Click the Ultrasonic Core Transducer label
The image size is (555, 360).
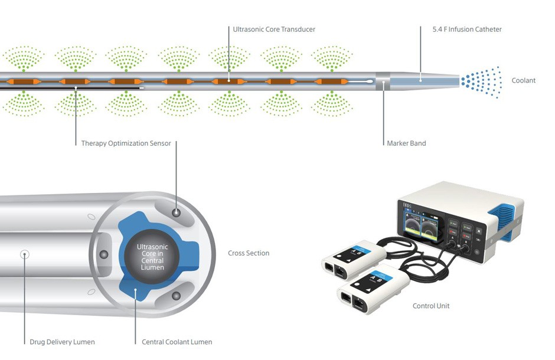(x=274, y=29)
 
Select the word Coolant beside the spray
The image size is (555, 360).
(x=524, y=80)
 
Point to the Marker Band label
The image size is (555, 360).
(x=406, y=143)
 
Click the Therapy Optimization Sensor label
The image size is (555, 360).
(x=126, y=143)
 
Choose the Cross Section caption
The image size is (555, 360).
(x=249, y=253)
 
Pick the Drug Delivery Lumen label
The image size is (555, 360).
(x=62, y=342)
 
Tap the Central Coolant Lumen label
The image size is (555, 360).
(x=177, y=342)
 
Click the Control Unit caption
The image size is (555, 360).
(x=431, y=306)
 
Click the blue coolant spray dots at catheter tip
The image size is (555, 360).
(x=481, y=80)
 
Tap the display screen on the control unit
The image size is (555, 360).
(x=423, y=227)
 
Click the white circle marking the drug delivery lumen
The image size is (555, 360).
(x=25, y=254)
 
